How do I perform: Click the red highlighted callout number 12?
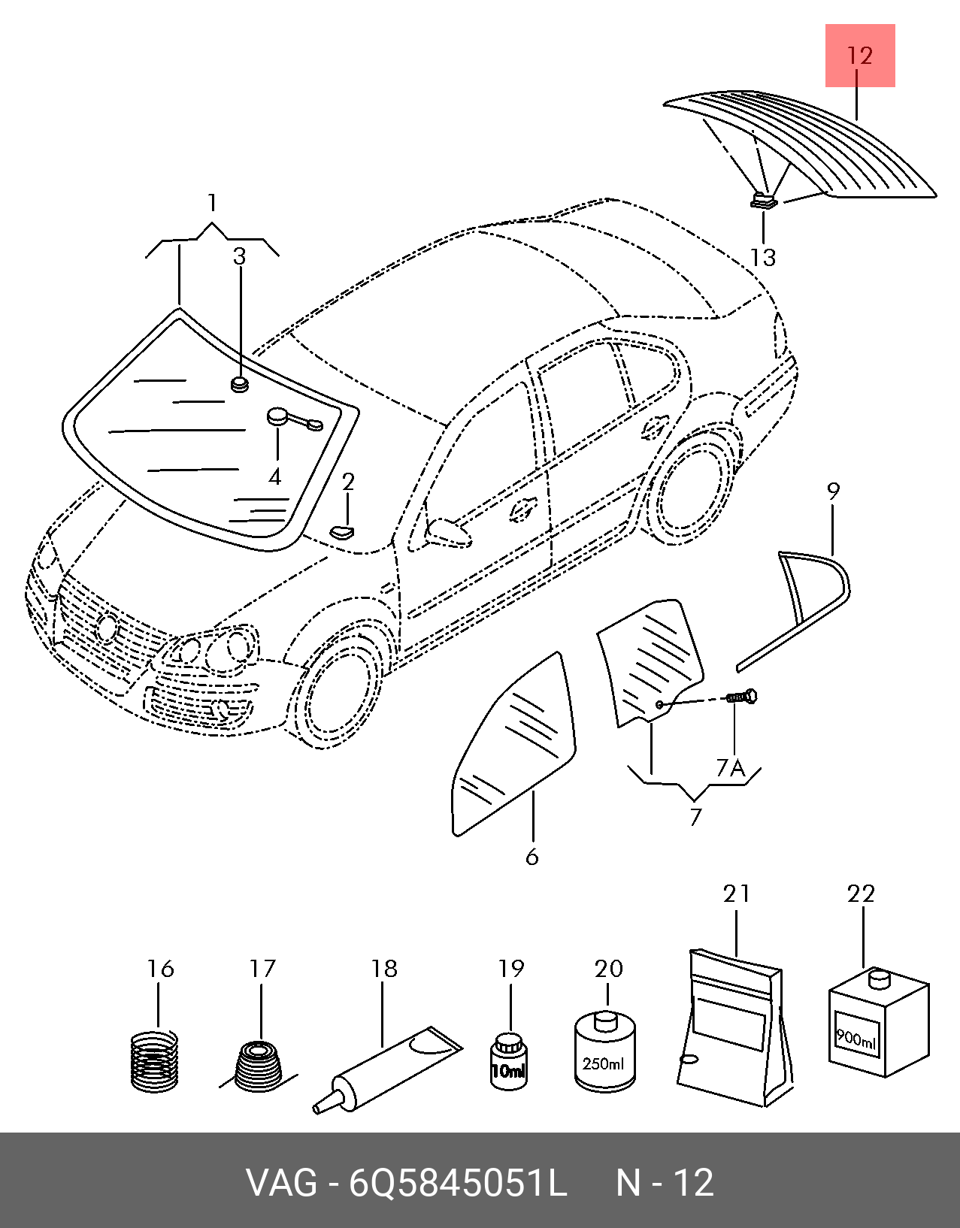(x=860, y=56)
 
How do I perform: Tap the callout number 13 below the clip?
(x=762, y=257)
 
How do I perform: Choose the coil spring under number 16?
(x=155, y=1061)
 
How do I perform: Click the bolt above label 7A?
(x=742, y=698)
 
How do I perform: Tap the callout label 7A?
(x=729, y=768)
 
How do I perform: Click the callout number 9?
(x=833, y=492)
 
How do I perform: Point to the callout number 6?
(x=532, y=857)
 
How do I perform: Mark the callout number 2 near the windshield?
(x=347, y=482)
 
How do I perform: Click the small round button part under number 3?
(x=240, y=384)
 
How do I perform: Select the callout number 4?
(x=275, y=476)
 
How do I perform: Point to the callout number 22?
(x=861, y=894)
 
